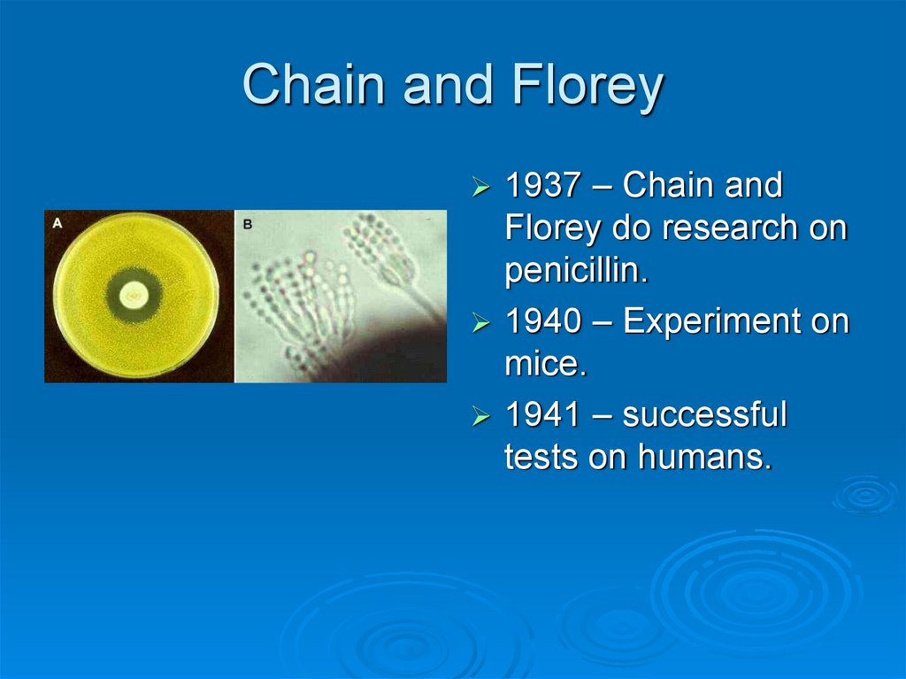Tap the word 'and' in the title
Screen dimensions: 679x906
436,86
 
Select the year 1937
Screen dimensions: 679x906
541,187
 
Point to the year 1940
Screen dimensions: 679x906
541,322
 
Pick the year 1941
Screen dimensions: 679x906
541,414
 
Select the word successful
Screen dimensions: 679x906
704,414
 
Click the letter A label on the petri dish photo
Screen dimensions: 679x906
58,223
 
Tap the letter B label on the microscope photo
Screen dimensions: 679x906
248,224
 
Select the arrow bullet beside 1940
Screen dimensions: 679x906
481,324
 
